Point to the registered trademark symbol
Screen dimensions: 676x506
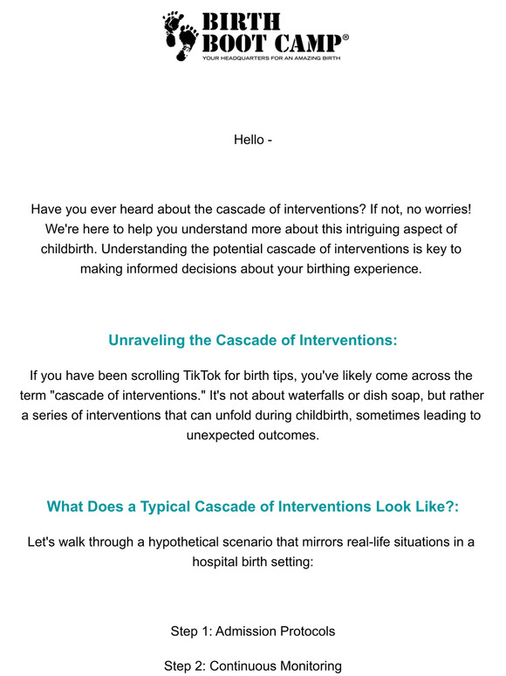[346, 38]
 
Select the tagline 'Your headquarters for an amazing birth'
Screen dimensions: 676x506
[270, 59]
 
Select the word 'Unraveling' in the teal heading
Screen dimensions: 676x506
[149, 340]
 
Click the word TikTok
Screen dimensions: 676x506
[218, 376]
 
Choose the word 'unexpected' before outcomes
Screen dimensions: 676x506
[219, 435]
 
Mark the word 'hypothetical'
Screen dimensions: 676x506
[185, 541]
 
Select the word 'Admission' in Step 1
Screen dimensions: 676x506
[246, 631]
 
